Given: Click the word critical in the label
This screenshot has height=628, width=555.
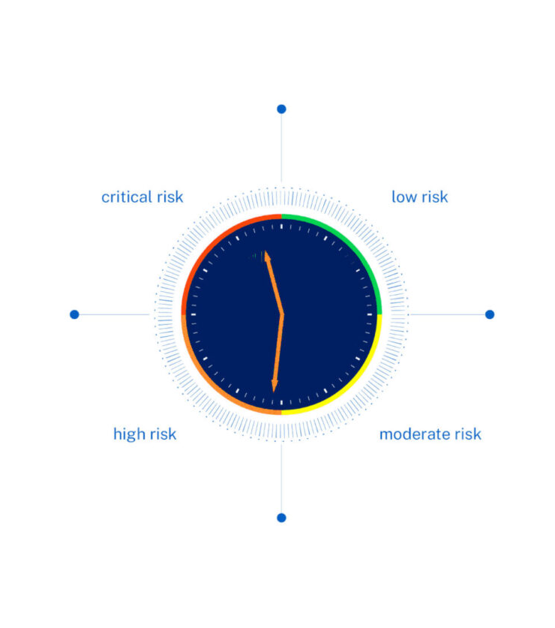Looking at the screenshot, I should tap(126, 197).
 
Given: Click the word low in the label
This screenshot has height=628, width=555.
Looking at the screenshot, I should tap(403, 197).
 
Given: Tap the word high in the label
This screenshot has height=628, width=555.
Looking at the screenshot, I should tap(127, 434).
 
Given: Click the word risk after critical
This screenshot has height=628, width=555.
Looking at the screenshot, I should tap(169, 197).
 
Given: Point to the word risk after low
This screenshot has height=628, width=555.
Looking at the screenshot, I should tap(433, 197).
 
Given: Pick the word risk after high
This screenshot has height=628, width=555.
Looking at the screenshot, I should tap(161, 434).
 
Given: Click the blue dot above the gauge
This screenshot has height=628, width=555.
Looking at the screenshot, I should tap(281, 109).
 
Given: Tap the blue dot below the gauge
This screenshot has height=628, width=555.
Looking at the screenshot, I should tap(281, 518).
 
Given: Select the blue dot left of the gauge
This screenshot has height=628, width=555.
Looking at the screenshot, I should tap(74, 314).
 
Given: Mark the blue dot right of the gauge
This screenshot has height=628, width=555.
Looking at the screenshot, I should tap(490, 314).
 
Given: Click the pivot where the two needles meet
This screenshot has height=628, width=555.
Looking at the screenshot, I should tap(283, 315).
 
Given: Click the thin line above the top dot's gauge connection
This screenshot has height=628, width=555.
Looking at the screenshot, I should tap(281, 150).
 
